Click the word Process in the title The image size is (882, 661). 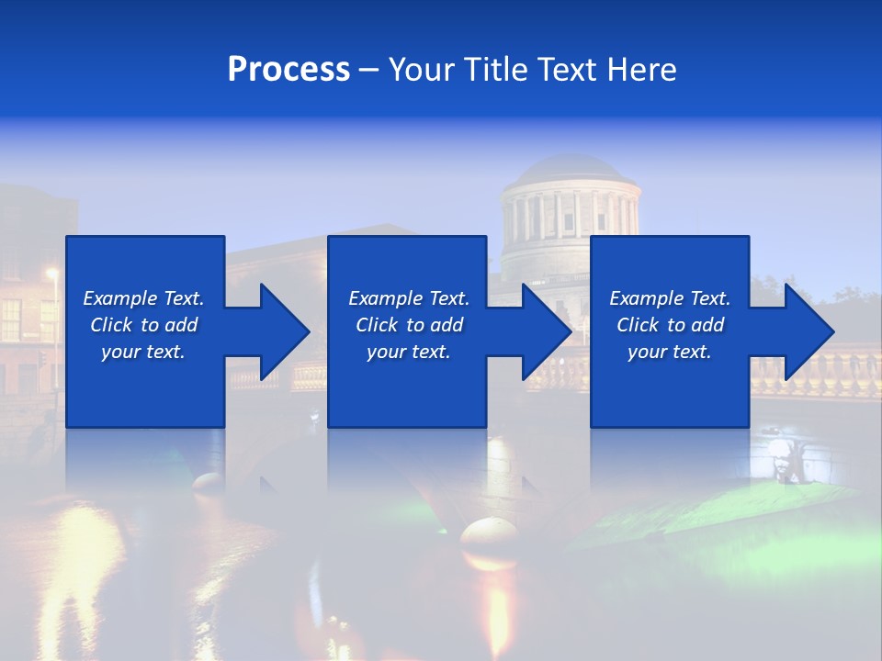click(288, 70)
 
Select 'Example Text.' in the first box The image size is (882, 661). click(143, 298)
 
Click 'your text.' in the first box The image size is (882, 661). click(143, 352)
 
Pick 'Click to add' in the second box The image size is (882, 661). click(409, 325)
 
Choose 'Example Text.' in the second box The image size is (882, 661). click(409, 298)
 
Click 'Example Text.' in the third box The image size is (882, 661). click(670, 298)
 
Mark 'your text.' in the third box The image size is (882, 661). click(670, 352)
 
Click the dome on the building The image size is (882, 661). click(571, 170)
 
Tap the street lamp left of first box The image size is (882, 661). click(52, 274)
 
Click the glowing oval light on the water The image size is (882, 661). click(489, 532)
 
